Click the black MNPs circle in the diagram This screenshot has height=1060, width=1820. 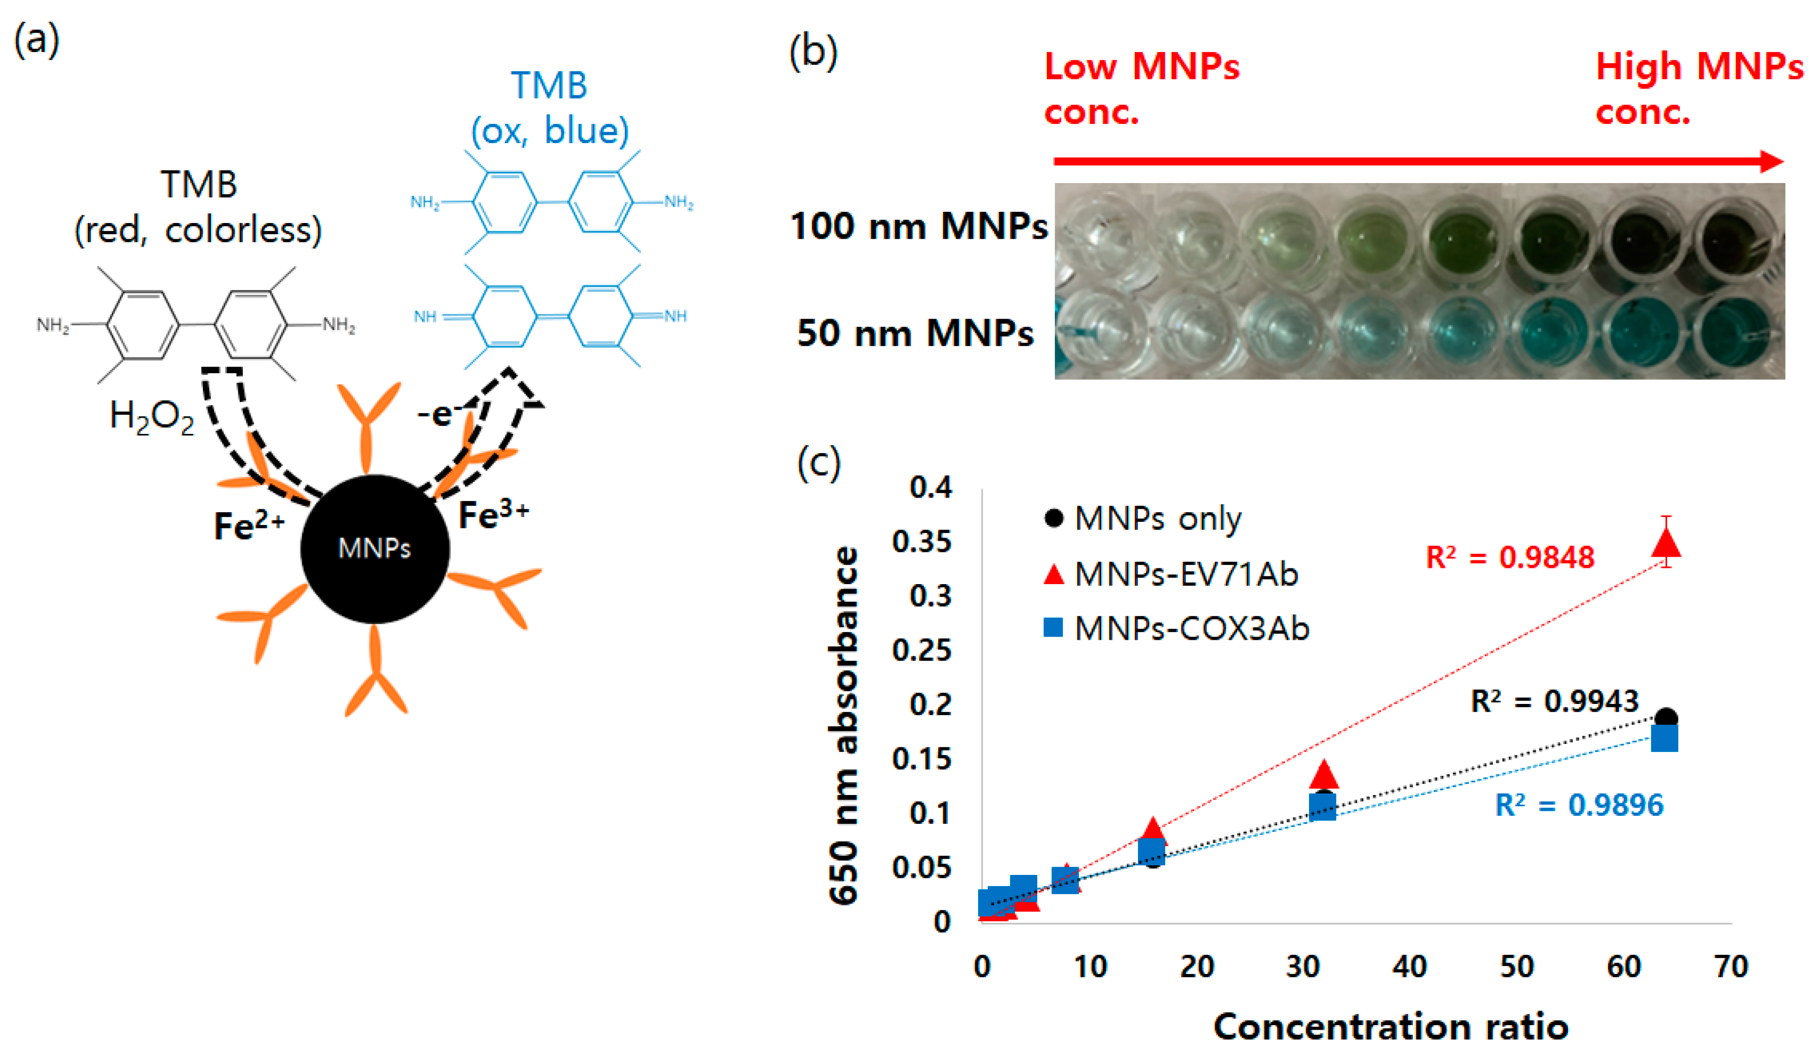tap(375, 549)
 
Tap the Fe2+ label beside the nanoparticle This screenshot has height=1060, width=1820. tap(249, 525)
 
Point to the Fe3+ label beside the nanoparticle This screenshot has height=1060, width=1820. tap(494, 514)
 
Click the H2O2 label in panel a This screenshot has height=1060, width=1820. tap(152, 417)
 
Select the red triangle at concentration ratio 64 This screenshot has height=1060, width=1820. tap(1666, 543)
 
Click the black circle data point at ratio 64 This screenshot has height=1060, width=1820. tap(1666, 719)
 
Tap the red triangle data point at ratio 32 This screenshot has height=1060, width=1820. tap(1324, 774)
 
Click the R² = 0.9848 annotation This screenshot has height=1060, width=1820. tap(1509, 557)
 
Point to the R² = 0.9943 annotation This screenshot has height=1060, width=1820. tap(1554, 701)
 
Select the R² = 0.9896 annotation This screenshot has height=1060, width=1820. tap(1579, 805)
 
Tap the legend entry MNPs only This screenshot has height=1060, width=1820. tap(1158, 518)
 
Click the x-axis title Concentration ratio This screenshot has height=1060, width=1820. tap(1391, 1027)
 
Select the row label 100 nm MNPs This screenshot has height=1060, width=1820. tap(919, 226)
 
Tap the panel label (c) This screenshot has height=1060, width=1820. tap(819, 462)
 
